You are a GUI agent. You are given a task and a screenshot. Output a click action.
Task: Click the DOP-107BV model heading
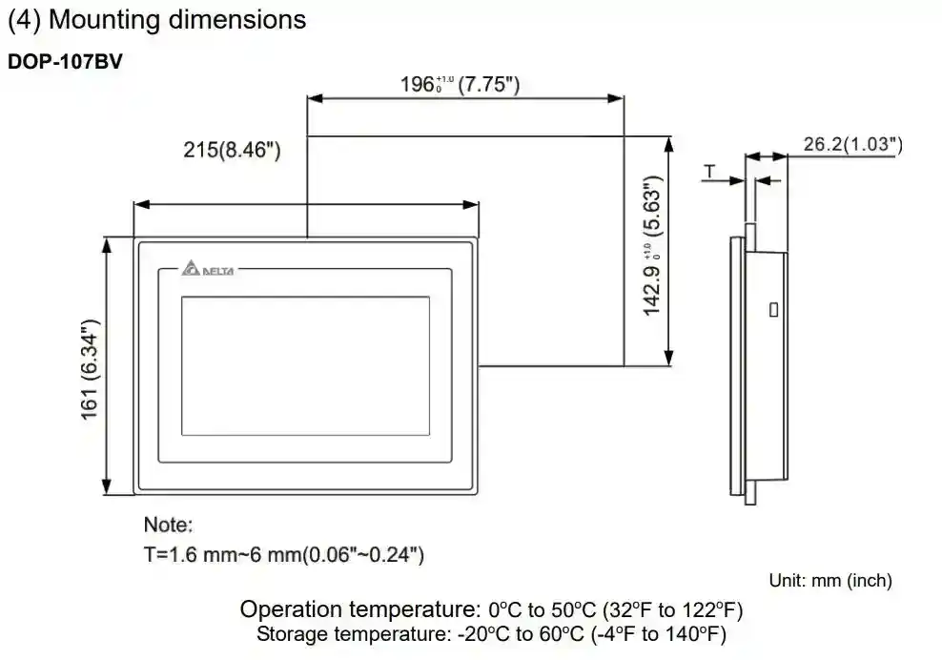point(65,61)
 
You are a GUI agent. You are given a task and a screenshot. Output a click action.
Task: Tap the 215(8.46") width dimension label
point(232,150)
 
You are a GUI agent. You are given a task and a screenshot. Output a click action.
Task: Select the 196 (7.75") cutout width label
point(461,84)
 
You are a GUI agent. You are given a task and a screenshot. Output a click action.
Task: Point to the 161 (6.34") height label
point(90,370)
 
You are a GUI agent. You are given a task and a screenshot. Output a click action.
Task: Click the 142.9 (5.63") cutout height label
point(652,245)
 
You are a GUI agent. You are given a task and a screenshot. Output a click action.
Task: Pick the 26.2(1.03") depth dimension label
point(853,144)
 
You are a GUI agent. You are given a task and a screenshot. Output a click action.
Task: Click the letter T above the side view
point(709,172)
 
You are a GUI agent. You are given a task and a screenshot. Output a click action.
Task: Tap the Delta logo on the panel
point(208,269)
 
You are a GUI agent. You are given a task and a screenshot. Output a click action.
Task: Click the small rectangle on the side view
point(774,310)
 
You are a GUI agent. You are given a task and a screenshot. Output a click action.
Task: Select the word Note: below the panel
point(168,525)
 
